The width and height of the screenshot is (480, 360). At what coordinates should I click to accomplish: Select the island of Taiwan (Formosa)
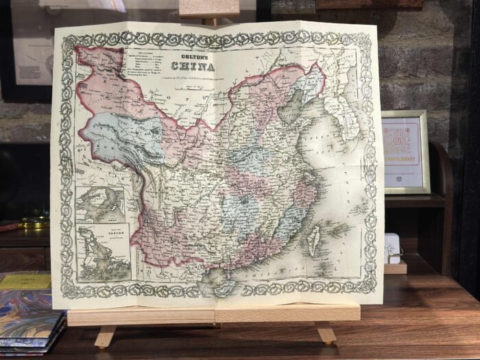(x=313, y=237)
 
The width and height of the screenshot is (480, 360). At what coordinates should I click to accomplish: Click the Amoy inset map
(x=100, y=205)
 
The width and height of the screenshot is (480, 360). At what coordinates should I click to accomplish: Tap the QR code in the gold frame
(x=405, y=141)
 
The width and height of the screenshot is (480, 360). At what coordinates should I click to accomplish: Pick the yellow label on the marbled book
(x=25, y=281)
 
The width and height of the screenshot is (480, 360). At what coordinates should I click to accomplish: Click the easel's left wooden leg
(x=105, y=336)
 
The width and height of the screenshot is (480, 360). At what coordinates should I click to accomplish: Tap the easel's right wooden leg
(x=325, y=333)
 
